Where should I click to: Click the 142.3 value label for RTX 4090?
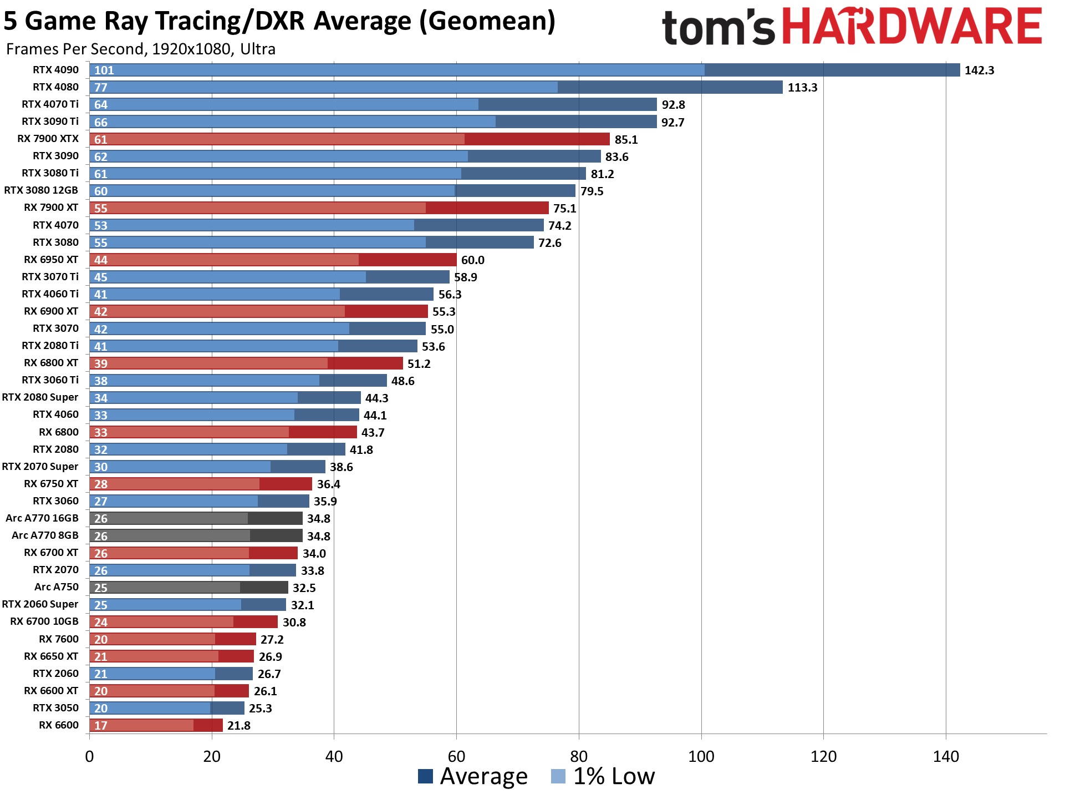pyautogui.click(x=979, y=70)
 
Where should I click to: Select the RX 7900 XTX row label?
pyautogui.click(x=48, y=139)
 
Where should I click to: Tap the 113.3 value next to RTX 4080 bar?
pyautogui.click(x=802, y=88)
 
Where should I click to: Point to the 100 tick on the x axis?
pyautogui.click(x=701, y=756)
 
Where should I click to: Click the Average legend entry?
pyautogui.click(x=473, y=776)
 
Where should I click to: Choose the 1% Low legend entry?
pyautogui.click(x=603, y=776)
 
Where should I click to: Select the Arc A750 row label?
pyautogui.click(x=56, y=587)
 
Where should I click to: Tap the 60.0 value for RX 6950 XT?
pyautogui.click(x=472, y=260)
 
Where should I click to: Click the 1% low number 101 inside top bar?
pyautogui.click(x=104, y=70)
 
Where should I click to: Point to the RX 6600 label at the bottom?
pyautogui.click(x=58, y=725)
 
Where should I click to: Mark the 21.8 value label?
pyautogui.click(x=238, y=726)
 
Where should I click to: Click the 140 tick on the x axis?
pyautogui.click(x=945, y=756)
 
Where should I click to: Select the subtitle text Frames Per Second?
pyautogui.click(x=75, y=49)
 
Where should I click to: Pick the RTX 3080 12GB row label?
pyautogui.click(x=41, y=190)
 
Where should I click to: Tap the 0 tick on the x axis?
pyautogui.click(x=89, y=756)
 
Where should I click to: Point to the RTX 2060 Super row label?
pyautogui.click(x=40, y=604)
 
